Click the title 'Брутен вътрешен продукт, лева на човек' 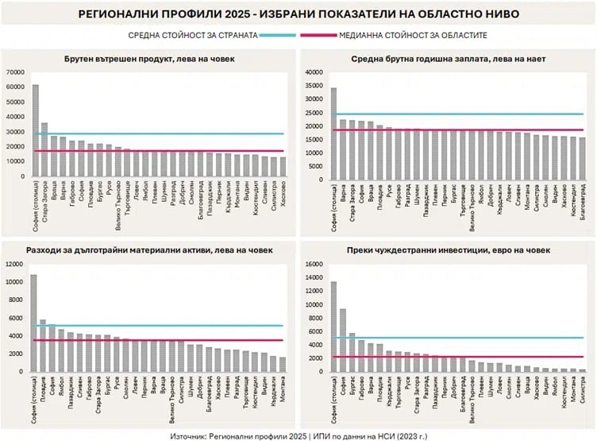149,59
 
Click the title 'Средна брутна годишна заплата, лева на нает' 447,59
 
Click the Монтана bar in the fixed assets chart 283,364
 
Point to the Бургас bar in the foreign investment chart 352,352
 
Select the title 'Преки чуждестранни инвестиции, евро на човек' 447,250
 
